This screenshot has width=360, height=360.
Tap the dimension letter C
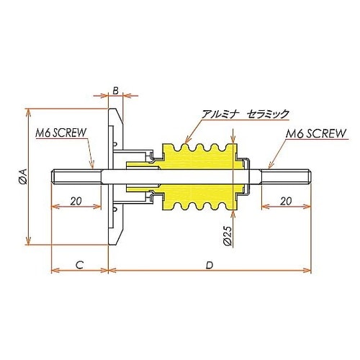click(79, 264)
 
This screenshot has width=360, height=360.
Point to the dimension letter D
click(209, 264)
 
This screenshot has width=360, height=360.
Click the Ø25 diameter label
click(228, 235)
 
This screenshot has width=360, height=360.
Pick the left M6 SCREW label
click(60, 133)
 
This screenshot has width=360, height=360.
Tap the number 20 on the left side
click(76, 202)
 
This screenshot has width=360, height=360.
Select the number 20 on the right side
click(286, 202)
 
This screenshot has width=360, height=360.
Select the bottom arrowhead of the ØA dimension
click(29, 242)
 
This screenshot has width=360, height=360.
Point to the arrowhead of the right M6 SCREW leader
click(269, 166)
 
